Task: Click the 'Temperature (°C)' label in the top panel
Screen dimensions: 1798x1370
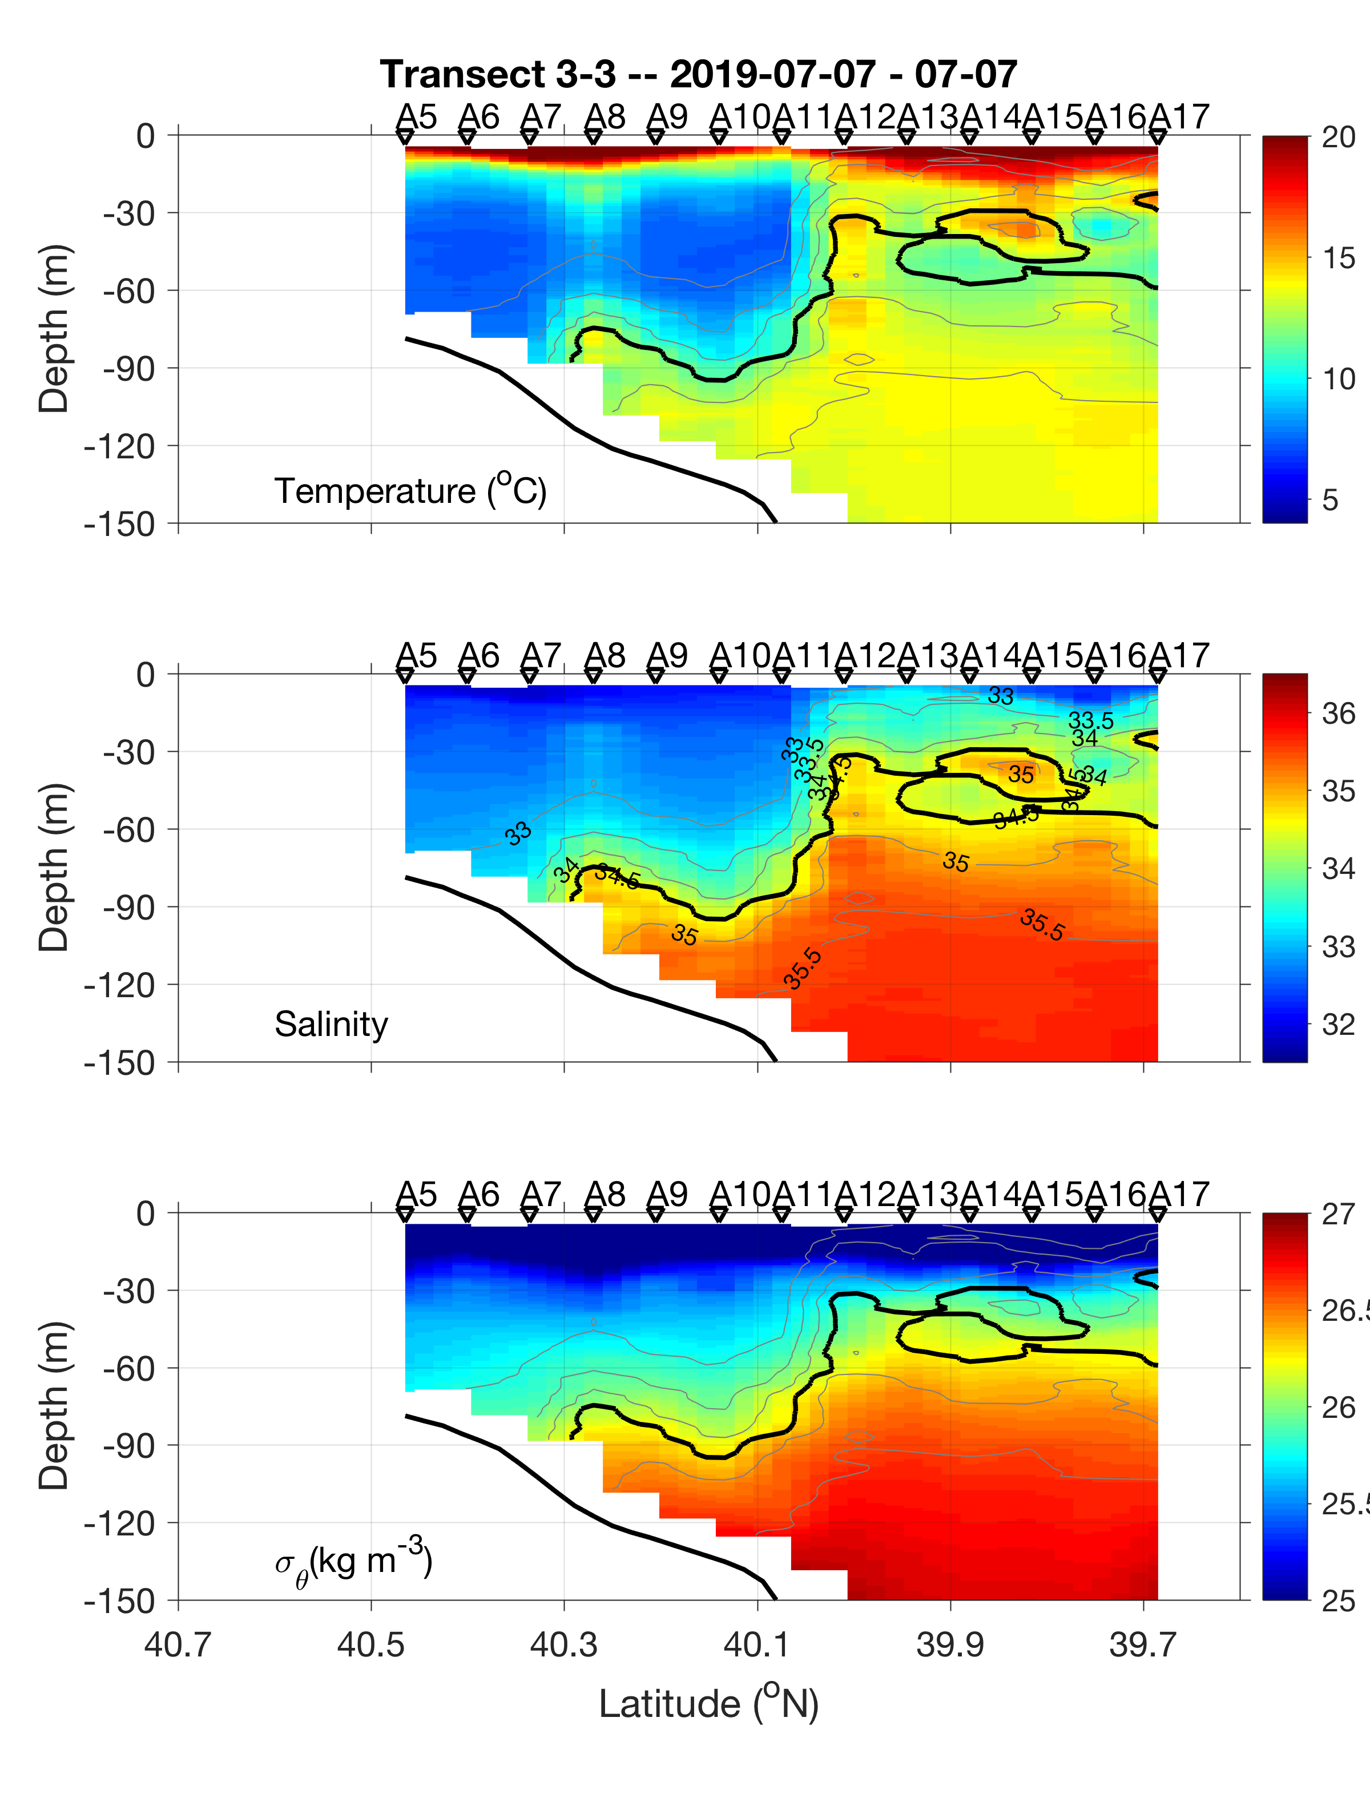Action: click(x=410, y=491)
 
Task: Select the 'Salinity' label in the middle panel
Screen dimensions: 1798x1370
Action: click(x=331, y=1024)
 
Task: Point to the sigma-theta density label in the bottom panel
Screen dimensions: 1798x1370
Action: click(x=353, y=1562)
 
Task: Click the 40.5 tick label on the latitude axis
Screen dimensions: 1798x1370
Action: click(x=370, y=1644)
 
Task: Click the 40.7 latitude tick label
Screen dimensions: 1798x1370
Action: click(x=178, y=1644)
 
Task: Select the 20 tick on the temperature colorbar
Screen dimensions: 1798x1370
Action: click(x=1338, y=137)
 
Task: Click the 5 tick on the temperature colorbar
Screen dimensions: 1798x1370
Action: click(x=1330, y=500)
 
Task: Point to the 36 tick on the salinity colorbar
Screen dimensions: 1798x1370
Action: click(x=1338, y=713)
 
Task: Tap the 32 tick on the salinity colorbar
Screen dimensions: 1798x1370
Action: click(x=1338, y=1024)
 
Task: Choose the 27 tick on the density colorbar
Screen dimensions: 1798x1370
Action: click(x=1338, y=1214)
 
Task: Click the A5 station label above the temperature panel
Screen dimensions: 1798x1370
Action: click(x=416, y=116)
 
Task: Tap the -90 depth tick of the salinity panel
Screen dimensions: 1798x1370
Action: click(x=129, y=907)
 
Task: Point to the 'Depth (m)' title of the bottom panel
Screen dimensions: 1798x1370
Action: click(x=54, y=1406)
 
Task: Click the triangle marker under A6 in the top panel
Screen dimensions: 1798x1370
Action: click(x=468, y=138)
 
